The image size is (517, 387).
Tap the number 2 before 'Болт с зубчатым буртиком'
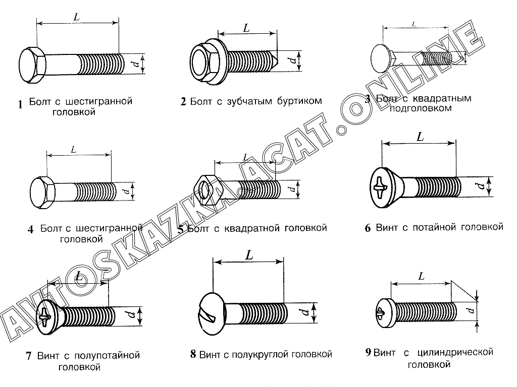click(x=183, y=102)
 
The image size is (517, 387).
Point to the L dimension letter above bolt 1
click(x=76, y=17)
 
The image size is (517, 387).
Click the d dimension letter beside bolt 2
click(x=292, y=61)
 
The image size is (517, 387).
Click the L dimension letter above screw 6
click(x=420, y=137)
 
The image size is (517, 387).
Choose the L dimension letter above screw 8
click(x=248, y=255)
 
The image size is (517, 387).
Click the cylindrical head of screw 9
click(x=383, y=311)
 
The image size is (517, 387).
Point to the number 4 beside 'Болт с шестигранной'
click(x=31, y=230)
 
